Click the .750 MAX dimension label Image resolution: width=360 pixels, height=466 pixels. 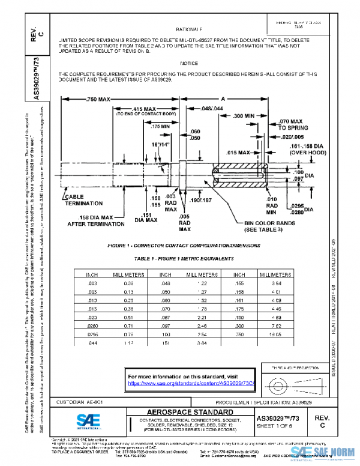tap(97, 99)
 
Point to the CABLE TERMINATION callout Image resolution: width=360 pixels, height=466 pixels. tap(84, 200)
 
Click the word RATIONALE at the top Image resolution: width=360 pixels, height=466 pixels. tap(189, 29)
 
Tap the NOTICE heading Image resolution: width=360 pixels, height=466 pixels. tap(189, 63)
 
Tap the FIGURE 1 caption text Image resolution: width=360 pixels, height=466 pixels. tap(184, 246)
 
